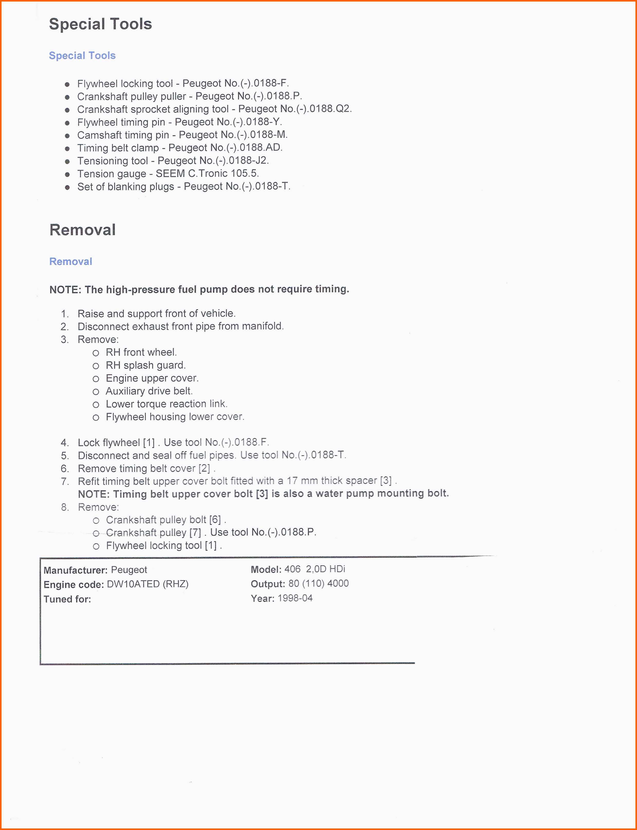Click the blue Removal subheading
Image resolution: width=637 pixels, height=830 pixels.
(70, 261)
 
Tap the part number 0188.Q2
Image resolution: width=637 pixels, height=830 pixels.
(330, 109)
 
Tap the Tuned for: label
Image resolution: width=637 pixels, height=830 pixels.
(67, 599)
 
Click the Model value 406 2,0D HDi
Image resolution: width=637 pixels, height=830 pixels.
(315, 569)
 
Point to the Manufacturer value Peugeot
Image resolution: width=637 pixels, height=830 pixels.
(129, 570)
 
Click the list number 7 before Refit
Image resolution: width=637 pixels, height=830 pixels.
(64, 481)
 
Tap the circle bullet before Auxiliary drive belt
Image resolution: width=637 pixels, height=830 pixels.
(96, 392)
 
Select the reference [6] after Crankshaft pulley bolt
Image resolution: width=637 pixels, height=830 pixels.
(215, 520)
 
